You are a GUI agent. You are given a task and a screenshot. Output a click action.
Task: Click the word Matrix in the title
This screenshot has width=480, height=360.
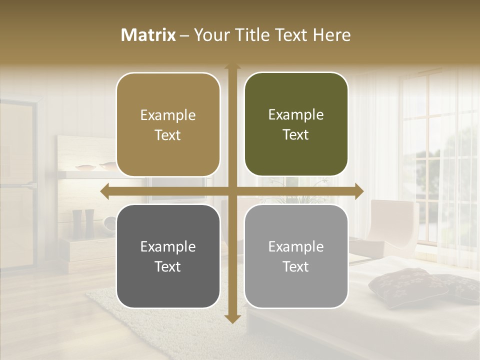[x=148, y=35]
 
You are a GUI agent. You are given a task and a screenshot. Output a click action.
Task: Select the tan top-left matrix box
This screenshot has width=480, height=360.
[x=168, y=124]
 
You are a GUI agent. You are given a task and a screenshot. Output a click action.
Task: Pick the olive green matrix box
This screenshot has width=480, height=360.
[x=296, y=124]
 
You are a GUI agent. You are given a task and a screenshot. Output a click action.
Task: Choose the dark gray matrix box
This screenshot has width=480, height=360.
[x=168, y=256]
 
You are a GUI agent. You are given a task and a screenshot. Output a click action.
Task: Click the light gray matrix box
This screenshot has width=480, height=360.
[x=296, y=256]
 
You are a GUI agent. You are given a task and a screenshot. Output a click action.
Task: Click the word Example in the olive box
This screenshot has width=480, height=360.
[x=296, y=115]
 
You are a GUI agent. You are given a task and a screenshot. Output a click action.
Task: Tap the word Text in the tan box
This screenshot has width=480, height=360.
[x=168, y=135]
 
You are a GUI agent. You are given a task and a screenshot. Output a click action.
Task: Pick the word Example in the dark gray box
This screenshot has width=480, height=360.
[x=168, y=246]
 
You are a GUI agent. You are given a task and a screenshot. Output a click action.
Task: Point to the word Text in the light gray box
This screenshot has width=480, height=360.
[x=296, y=266]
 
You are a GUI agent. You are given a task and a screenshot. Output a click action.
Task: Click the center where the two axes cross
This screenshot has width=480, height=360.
[x=232, y=191]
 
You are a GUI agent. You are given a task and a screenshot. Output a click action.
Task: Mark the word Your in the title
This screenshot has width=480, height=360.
[x=210, y=35]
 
